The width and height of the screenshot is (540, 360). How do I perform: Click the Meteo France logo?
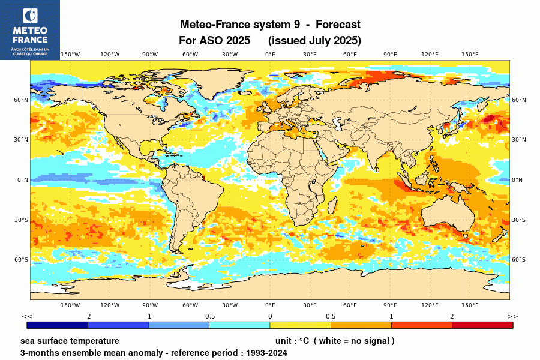coord(29,29)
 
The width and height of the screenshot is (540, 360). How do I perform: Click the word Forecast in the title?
coord(338,25)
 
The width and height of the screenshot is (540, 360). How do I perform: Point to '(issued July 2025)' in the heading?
coord(314,41)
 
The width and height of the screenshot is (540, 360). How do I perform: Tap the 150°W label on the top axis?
coord(70,55)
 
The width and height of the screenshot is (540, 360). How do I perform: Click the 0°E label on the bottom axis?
coord(270,305)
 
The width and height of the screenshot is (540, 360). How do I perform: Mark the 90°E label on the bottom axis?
coord(390,305)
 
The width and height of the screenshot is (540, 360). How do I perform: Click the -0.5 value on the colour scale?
coord(209,316)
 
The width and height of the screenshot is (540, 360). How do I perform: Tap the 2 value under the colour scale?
coord(452,316)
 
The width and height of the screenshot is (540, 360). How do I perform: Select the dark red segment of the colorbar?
coord(482,325)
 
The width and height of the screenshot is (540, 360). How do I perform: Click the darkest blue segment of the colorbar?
coord(58,325)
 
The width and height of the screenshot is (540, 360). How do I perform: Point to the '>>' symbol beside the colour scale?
coord(513,316)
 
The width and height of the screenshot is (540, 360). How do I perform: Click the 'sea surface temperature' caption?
coord(70,341)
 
